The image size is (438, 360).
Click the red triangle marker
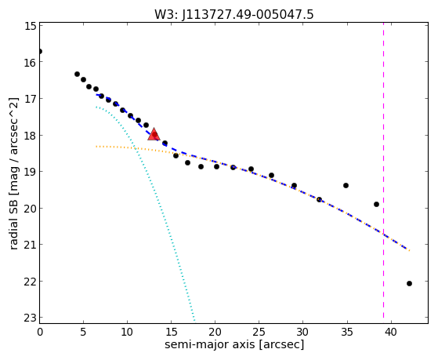154,134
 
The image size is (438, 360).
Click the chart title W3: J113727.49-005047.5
234,15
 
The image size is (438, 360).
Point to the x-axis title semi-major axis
209,344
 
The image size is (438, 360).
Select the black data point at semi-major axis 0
40,52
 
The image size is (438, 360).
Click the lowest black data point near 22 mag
409,283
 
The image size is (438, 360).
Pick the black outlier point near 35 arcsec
346,185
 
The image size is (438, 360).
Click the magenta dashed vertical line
383,170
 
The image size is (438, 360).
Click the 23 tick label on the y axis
31,318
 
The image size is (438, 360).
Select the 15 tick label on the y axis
31,26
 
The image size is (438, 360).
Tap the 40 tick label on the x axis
391,333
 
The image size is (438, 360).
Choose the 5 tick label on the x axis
84,333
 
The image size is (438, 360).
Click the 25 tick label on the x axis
259,333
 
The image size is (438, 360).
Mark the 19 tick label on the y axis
31,172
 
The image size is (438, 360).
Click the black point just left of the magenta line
376,204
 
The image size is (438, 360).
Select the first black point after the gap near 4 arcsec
77,75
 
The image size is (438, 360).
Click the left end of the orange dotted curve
96,147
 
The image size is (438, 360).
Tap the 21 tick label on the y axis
31,245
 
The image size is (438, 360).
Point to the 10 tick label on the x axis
128,333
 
